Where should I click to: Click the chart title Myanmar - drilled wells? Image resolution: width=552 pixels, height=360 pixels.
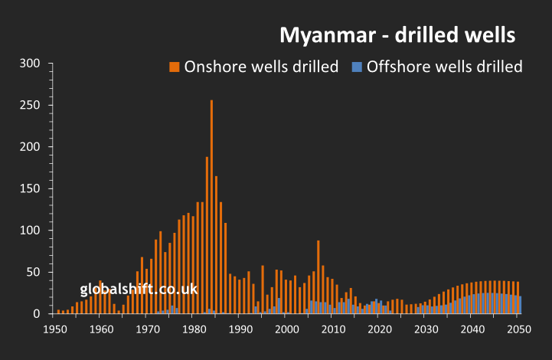point(397,35)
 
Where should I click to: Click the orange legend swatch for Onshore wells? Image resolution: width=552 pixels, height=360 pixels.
point(174,67)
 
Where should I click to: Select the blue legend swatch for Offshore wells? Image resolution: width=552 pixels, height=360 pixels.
point(356,67)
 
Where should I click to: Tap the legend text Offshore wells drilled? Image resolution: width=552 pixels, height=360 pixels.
point(444,67)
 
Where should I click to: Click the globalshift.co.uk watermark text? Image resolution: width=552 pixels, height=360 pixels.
point(139,290)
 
